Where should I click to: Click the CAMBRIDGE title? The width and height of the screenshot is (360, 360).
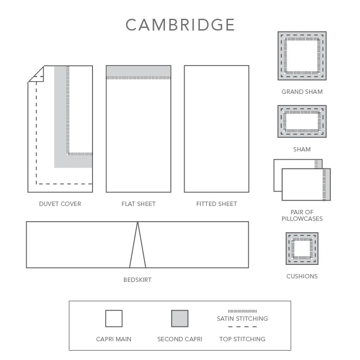(x=180, y=25)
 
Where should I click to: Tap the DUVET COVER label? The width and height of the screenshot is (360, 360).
(x=60, y=204)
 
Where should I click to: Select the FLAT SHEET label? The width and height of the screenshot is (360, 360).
(x=138, y=204)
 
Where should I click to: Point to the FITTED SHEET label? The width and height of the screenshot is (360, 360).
(x=216, y=204)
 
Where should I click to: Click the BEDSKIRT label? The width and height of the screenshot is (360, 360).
(x=137, y=280)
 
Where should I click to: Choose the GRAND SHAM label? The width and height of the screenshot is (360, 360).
(x=302, y=92)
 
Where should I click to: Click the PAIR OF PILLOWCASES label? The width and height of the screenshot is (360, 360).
(x=302, y=215)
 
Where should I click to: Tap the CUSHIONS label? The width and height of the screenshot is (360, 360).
(x=302, y=276)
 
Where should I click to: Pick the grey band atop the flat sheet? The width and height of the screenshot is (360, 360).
(x=138, y=71)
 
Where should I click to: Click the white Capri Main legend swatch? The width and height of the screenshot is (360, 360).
(x=114, y=319)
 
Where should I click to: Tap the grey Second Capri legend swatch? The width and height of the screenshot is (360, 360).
(x=180, y=319)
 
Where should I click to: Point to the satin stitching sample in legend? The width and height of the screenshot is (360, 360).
(x=242, y=311)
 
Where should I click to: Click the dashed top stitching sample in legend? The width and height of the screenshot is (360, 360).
(x=242, y=327)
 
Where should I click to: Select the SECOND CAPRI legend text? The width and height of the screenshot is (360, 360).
(x=180, y=339)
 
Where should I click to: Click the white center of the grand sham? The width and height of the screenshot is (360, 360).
(x=302, y=55)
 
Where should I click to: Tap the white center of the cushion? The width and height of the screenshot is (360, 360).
(x=302, y=248)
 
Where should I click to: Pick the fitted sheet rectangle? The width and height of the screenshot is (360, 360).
(x=216, y=129)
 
